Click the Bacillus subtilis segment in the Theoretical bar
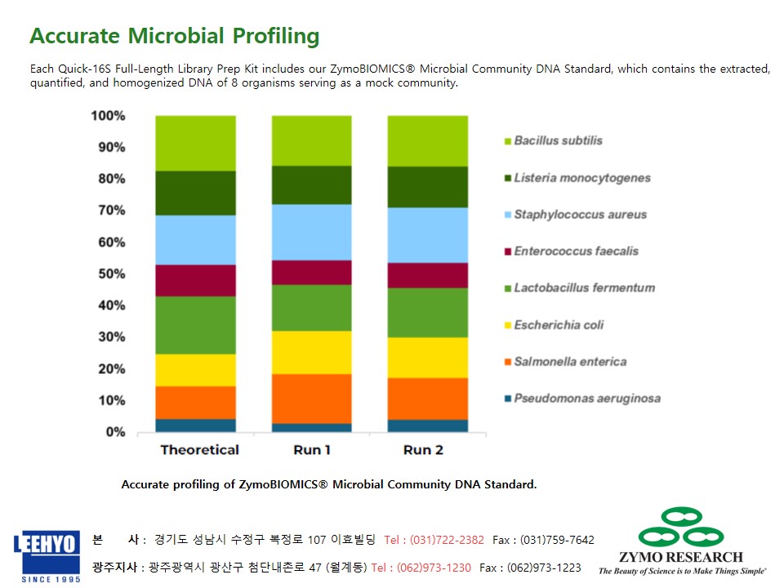(195, 144)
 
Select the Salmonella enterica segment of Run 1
(311, 399)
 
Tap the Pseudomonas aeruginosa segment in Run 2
(428, 426)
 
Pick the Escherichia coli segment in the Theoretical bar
(195, 371)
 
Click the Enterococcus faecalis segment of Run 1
(311, 273)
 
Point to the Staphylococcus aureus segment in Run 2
(428, 235)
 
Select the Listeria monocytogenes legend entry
(577, 178)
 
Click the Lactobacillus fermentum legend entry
(580, 288)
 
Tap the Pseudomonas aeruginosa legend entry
(582, 399)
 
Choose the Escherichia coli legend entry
(554, 325)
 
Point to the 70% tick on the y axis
(112, 210)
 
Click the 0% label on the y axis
(115, 432)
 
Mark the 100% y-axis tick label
(108, 115)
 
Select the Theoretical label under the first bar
(200, 450)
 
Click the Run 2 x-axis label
(424, 450)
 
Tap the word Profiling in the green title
(276, 36)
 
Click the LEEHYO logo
(47, 556)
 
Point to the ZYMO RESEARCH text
(681, 557)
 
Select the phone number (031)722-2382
(447, 540)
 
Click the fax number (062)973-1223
(544, 568)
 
